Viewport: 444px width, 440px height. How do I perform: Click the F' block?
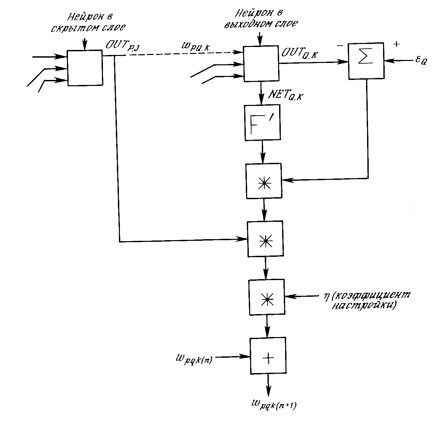tap(262, 123)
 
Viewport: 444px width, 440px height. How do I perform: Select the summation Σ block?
tap(366, 61)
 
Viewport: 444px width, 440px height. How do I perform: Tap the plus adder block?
tap(268, 356)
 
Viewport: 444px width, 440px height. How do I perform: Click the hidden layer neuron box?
tap(85, 68)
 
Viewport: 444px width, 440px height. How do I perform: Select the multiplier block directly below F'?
tap(263, 181)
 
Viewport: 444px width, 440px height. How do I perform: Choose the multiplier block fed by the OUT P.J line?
tap(265, 238)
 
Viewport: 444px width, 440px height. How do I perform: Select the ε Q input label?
tap(420, 61)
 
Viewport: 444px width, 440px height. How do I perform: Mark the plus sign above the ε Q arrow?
tap(396, 44)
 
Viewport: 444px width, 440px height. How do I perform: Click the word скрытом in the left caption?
tap(72, 29)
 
